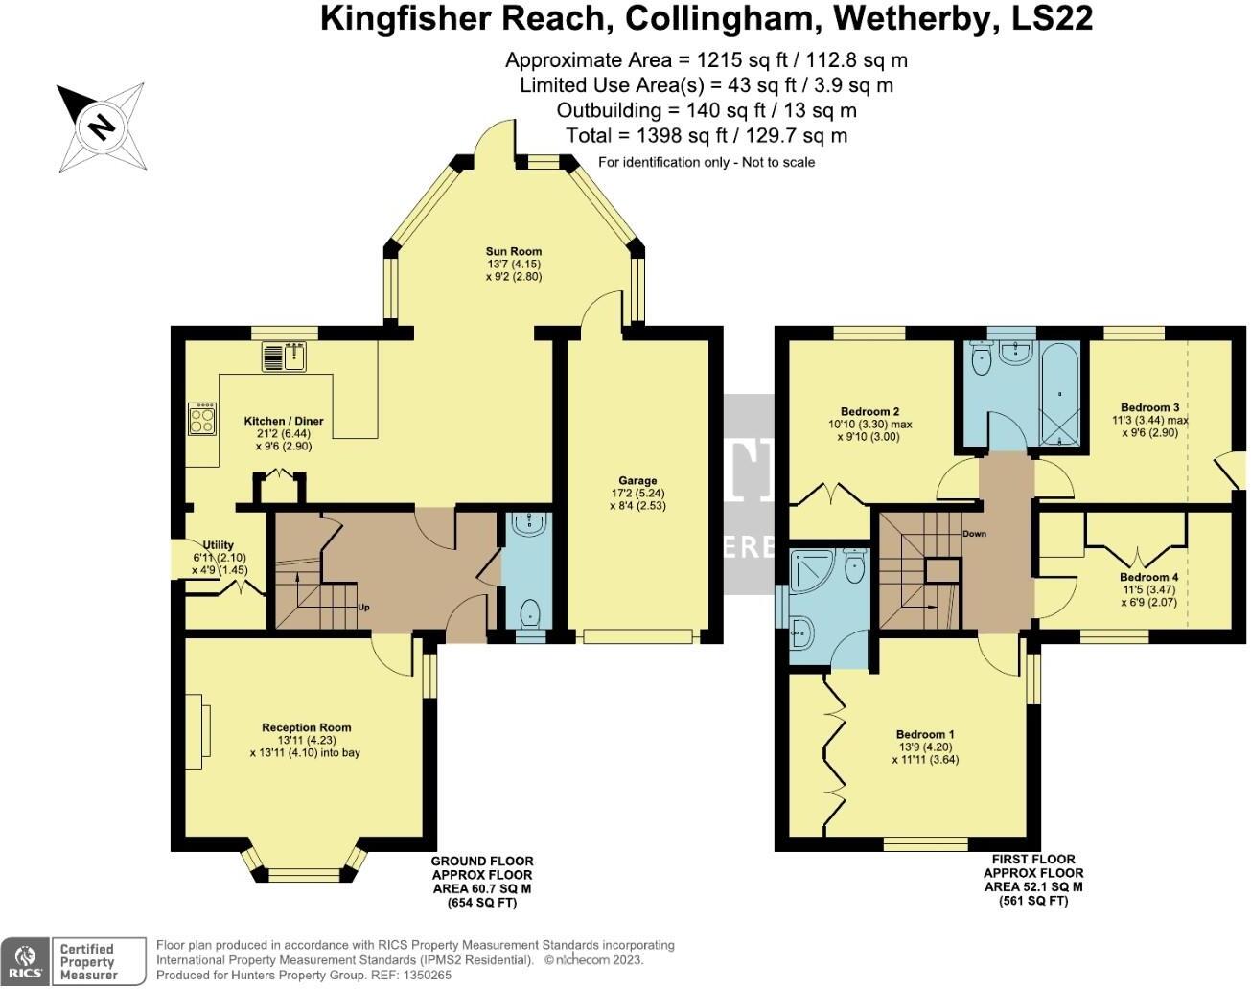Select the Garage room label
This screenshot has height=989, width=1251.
[637, 481]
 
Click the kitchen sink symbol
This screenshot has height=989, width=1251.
[283, 357]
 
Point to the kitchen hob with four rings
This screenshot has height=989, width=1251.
[202, 418]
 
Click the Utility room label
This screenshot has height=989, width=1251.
[219, 545]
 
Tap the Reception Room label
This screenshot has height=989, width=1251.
[307, 727]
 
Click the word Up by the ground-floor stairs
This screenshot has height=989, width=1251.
[364, 607]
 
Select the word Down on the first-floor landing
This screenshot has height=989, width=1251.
[974, 534]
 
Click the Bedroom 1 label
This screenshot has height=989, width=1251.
[925, 735]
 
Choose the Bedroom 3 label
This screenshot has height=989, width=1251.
[1150, 407]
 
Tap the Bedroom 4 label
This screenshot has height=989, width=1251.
[1148, 578]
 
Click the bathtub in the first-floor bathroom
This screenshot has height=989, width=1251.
[1059, 393]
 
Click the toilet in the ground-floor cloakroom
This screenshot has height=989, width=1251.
[528, 610]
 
